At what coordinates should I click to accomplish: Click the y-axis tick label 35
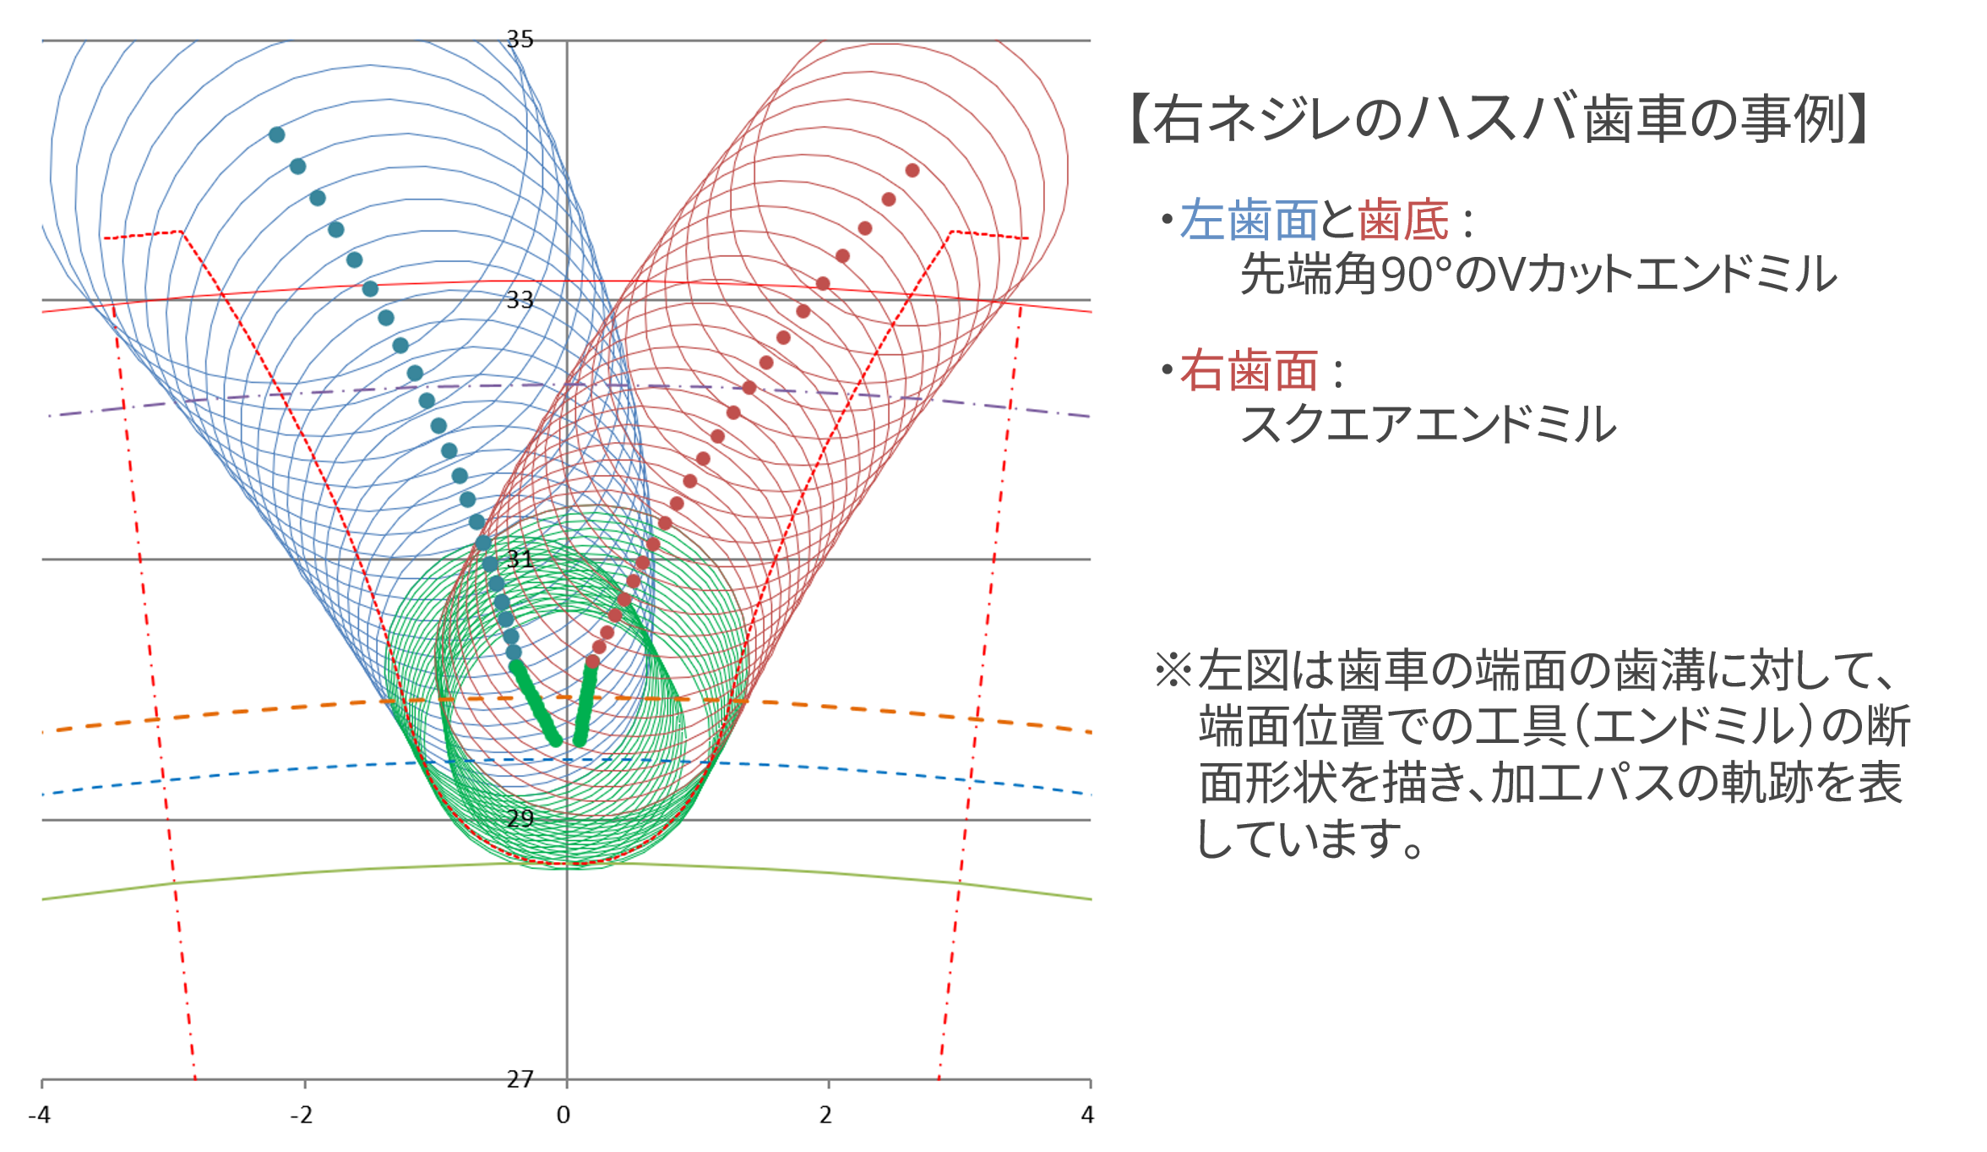(x=520, y=39)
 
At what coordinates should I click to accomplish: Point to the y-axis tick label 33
(x=520, y=299)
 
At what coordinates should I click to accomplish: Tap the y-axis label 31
(x=520, y=559)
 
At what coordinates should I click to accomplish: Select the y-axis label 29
(x=520, y=818)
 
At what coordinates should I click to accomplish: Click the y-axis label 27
(x=520, y=1079)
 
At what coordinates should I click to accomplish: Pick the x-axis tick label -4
(x=40, y=1116)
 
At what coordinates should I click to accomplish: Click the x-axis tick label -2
(x=302, y=1116)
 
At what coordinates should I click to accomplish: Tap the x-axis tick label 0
(x=563, y=1116)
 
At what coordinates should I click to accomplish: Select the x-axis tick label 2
(x=825, y=1116)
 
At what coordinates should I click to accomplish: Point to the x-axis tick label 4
(x=1087, y=1116)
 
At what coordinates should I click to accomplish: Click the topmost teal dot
(x=277, y=134)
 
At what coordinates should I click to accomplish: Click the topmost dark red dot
(x=912, y=171)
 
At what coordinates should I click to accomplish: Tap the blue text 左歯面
(x=1249, y=221)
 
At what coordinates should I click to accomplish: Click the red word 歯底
(x=1403, y=221)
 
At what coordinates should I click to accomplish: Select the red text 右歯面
(x=1249, y=371)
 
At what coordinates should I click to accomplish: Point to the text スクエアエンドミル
(x=1429, y=424)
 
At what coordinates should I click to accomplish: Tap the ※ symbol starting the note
(x=1173, y=670)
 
